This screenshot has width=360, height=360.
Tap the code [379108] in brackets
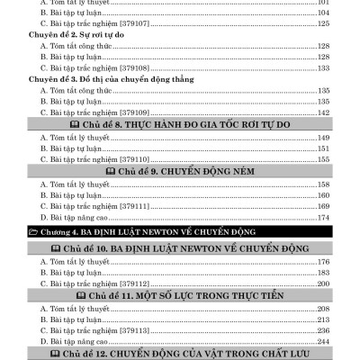(121, 67)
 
